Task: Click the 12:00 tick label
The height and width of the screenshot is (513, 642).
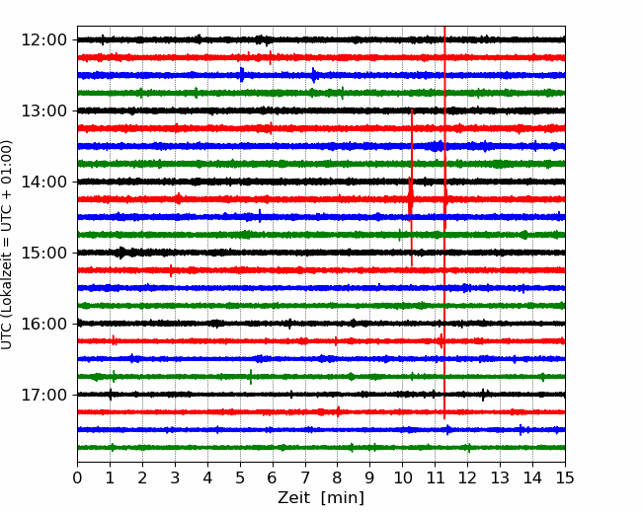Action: [x=43, y=40]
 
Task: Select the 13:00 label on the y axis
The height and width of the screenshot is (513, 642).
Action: [x=43, y=110]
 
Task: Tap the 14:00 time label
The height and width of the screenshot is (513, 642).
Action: [x=43, y=182]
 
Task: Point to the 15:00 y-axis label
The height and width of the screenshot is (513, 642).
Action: [x=43, y=253]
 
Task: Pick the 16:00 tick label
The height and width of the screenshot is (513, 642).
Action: [x=43, y=324]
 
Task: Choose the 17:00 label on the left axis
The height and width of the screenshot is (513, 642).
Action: [x=43, y=395]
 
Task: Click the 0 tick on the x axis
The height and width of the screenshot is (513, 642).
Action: [x=77, y=477]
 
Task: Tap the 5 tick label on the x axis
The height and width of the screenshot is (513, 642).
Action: [x=240, y=477]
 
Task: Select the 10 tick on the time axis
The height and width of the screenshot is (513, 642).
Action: [x=402, y=477]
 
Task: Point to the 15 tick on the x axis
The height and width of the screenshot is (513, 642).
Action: [x=565, y=477]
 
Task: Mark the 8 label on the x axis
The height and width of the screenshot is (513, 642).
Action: [x=338, y=477]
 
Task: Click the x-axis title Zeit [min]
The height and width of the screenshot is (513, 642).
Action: [x=321, y=498]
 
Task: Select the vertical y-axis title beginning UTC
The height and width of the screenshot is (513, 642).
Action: [x=7, y=245]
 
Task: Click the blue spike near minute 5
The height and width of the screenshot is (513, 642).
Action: [x=242, y=75]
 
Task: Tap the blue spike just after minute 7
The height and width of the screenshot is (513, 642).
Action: [x=314, y=75]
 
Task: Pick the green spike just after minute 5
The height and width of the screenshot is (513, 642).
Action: [x=251, y=376]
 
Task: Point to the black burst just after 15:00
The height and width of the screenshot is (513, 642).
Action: [x=120, y=253]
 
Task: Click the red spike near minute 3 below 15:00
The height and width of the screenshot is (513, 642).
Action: [x=171, y=270]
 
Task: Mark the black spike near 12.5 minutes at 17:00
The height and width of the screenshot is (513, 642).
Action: [x=483, y=396]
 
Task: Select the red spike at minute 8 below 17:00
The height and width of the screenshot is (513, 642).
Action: [x=338, y=411]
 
